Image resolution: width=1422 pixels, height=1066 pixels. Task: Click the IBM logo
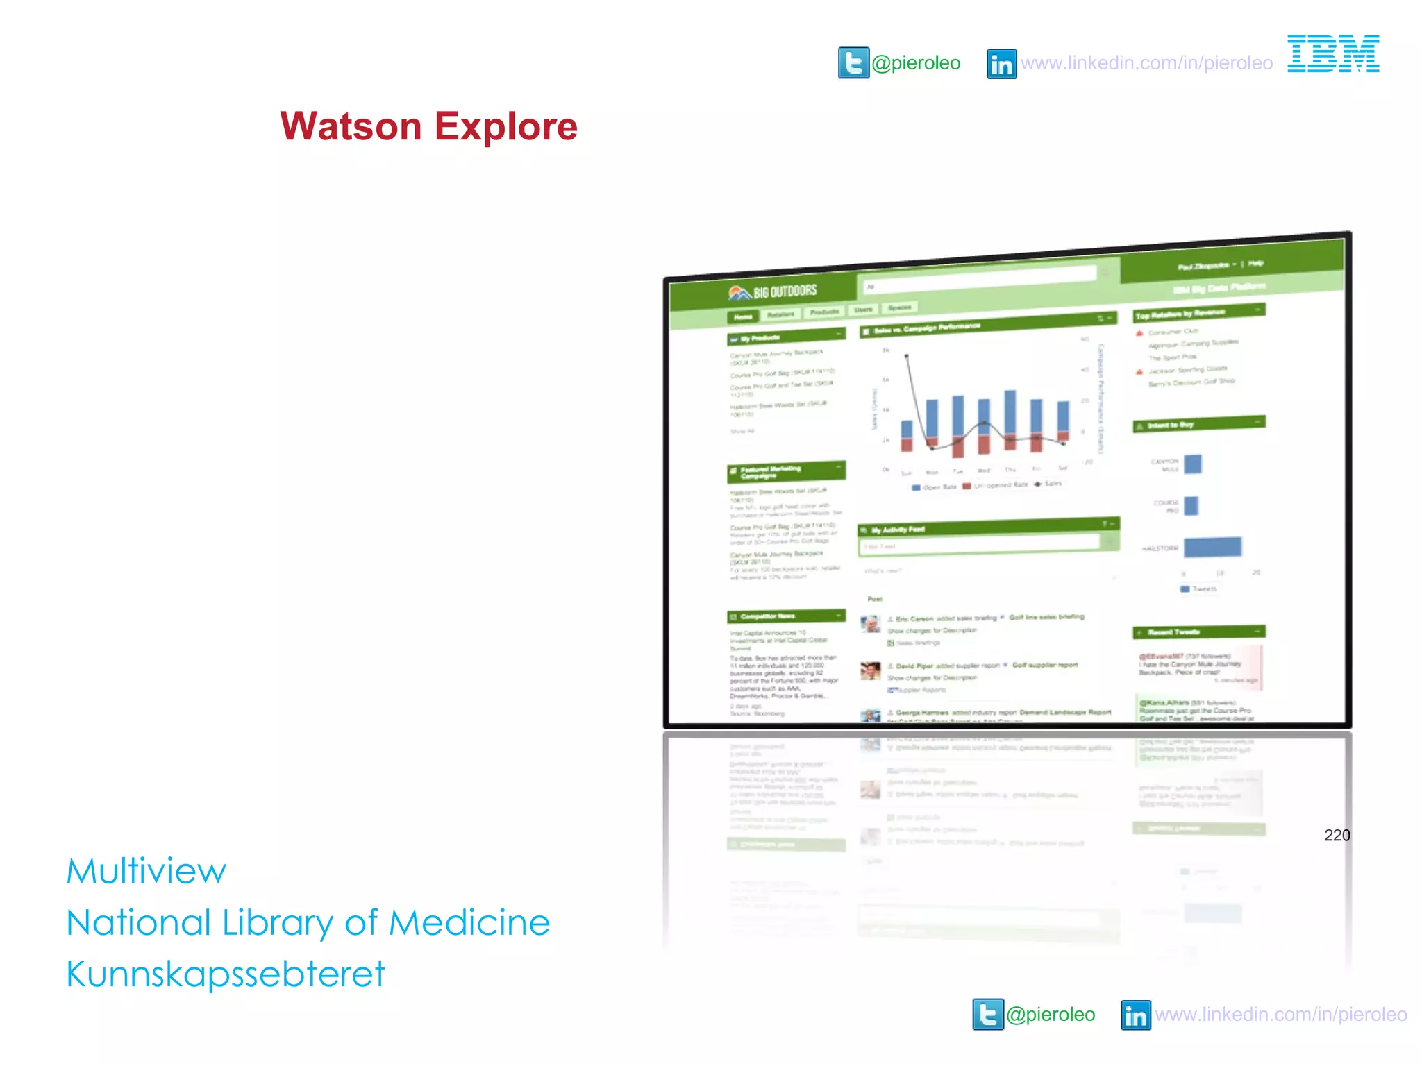click(1333, 54)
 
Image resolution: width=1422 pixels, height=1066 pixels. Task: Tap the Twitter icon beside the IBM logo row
click(853, 63)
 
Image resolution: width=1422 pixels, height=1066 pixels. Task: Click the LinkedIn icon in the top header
click(1001, 64)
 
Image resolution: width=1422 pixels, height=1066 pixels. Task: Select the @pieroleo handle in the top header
click(916, 63)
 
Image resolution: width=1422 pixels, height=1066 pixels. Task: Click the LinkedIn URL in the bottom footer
click(1281, 1015)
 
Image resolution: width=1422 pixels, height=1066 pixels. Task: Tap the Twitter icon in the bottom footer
click(987, 1015)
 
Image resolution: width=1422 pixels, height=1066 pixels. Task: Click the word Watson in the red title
click(351, 126)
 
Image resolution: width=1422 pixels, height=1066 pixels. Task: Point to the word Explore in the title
click(506, 126)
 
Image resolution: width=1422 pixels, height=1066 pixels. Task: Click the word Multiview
click(147, 871)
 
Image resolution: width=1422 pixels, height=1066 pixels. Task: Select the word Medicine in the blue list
click(469, 922)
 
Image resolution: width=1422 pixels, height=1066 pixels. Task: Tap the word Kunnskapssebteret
click(226, 974)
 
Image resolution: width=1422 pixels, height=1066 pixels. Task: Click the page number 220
click(1337, 835)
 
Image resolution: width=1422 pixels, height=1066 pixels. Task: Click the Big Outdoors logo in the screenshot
click(772, 292)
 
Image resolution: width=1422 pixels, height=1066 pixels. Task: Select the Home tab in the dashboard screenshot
click(743, 317)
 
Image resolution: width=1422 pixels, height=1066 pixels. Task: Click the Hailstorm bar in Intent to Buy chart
click(1212, 547)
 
